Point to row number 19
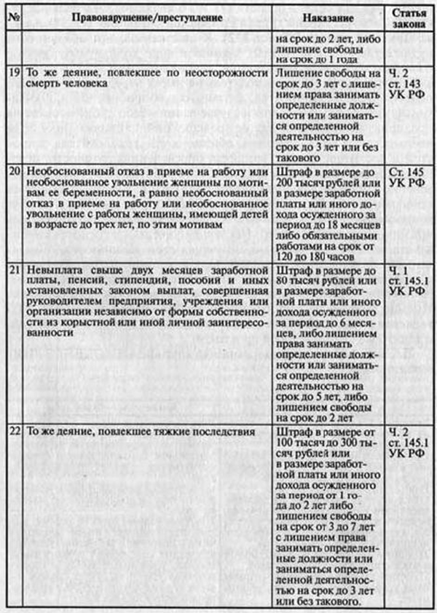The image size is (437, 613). tap(12, 74)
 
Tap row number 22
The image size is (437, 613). tap(12, 432)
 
